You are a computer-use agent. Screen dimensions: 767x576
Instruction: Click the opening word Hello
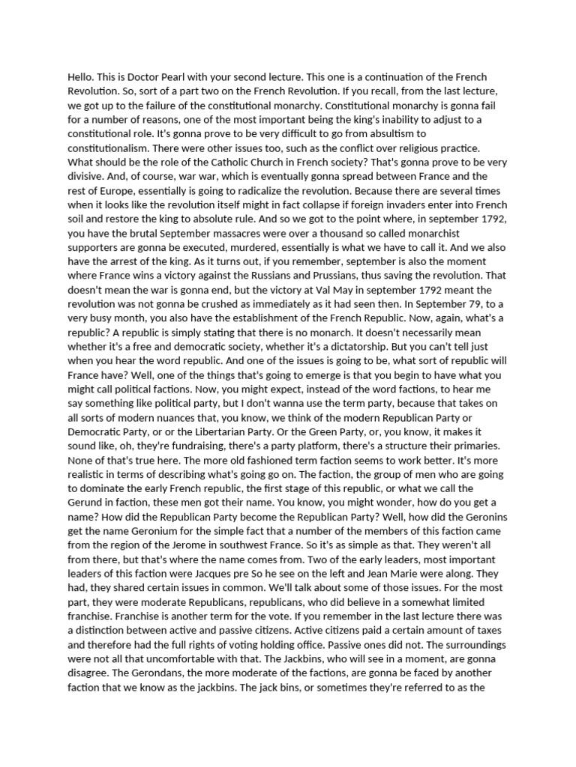click(x=81, y=78)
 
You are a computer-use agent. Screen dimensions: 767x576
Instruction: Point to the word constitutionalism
click(x=112, y=149)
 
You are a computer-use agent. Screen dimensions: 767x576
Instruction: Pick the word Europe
click(x=120, y=192)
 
